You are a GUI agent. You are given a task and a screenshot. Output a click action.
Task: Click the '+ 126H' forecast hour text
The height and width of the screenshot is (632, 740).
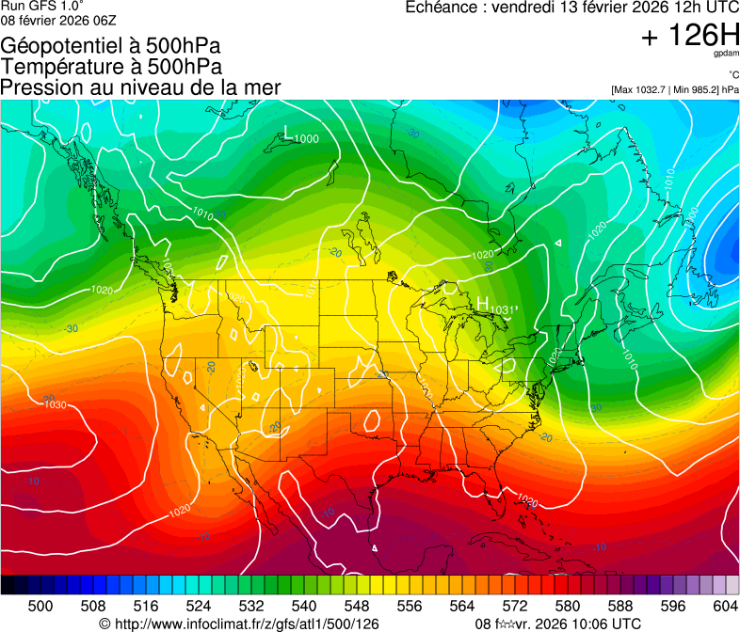tap(689, 37)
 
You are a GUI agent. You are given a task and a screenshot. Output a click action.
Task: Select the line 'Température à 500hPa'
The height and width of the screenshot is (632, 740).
tap(111, 67)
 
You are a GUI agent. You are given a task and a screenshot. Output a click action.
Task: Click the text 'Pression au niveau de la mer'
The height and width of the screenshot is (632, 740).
tap(140, 87)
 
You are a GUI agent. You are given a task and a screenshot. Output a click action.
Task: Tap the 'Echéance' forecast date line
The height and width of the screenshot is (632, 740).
tap(571, 8)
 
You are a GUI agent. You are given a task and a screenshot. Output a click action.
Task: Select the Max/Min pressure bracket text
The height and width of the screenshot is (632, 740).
tap(674, 90)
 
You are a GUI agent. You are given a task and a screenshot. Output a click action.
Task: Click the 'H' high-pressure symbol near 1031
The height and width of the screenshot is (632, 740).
tap(482, 304)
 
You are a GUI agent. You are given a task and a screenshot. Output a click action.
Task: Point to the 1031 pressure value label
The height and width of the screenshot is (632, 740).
tap(504, 309)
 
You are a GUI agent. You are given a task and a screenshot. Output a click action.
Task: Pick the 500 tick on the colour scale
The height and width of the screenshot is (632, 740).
tap(40, 605)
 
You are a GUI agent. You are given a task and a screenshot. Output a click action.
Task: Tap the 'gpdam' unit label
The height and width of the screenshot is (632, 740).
tap(726, 55)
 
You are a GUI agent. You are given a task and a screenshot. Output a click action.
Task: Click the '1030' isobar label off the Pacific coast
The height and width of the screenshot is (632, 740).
tap(56, 404)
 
